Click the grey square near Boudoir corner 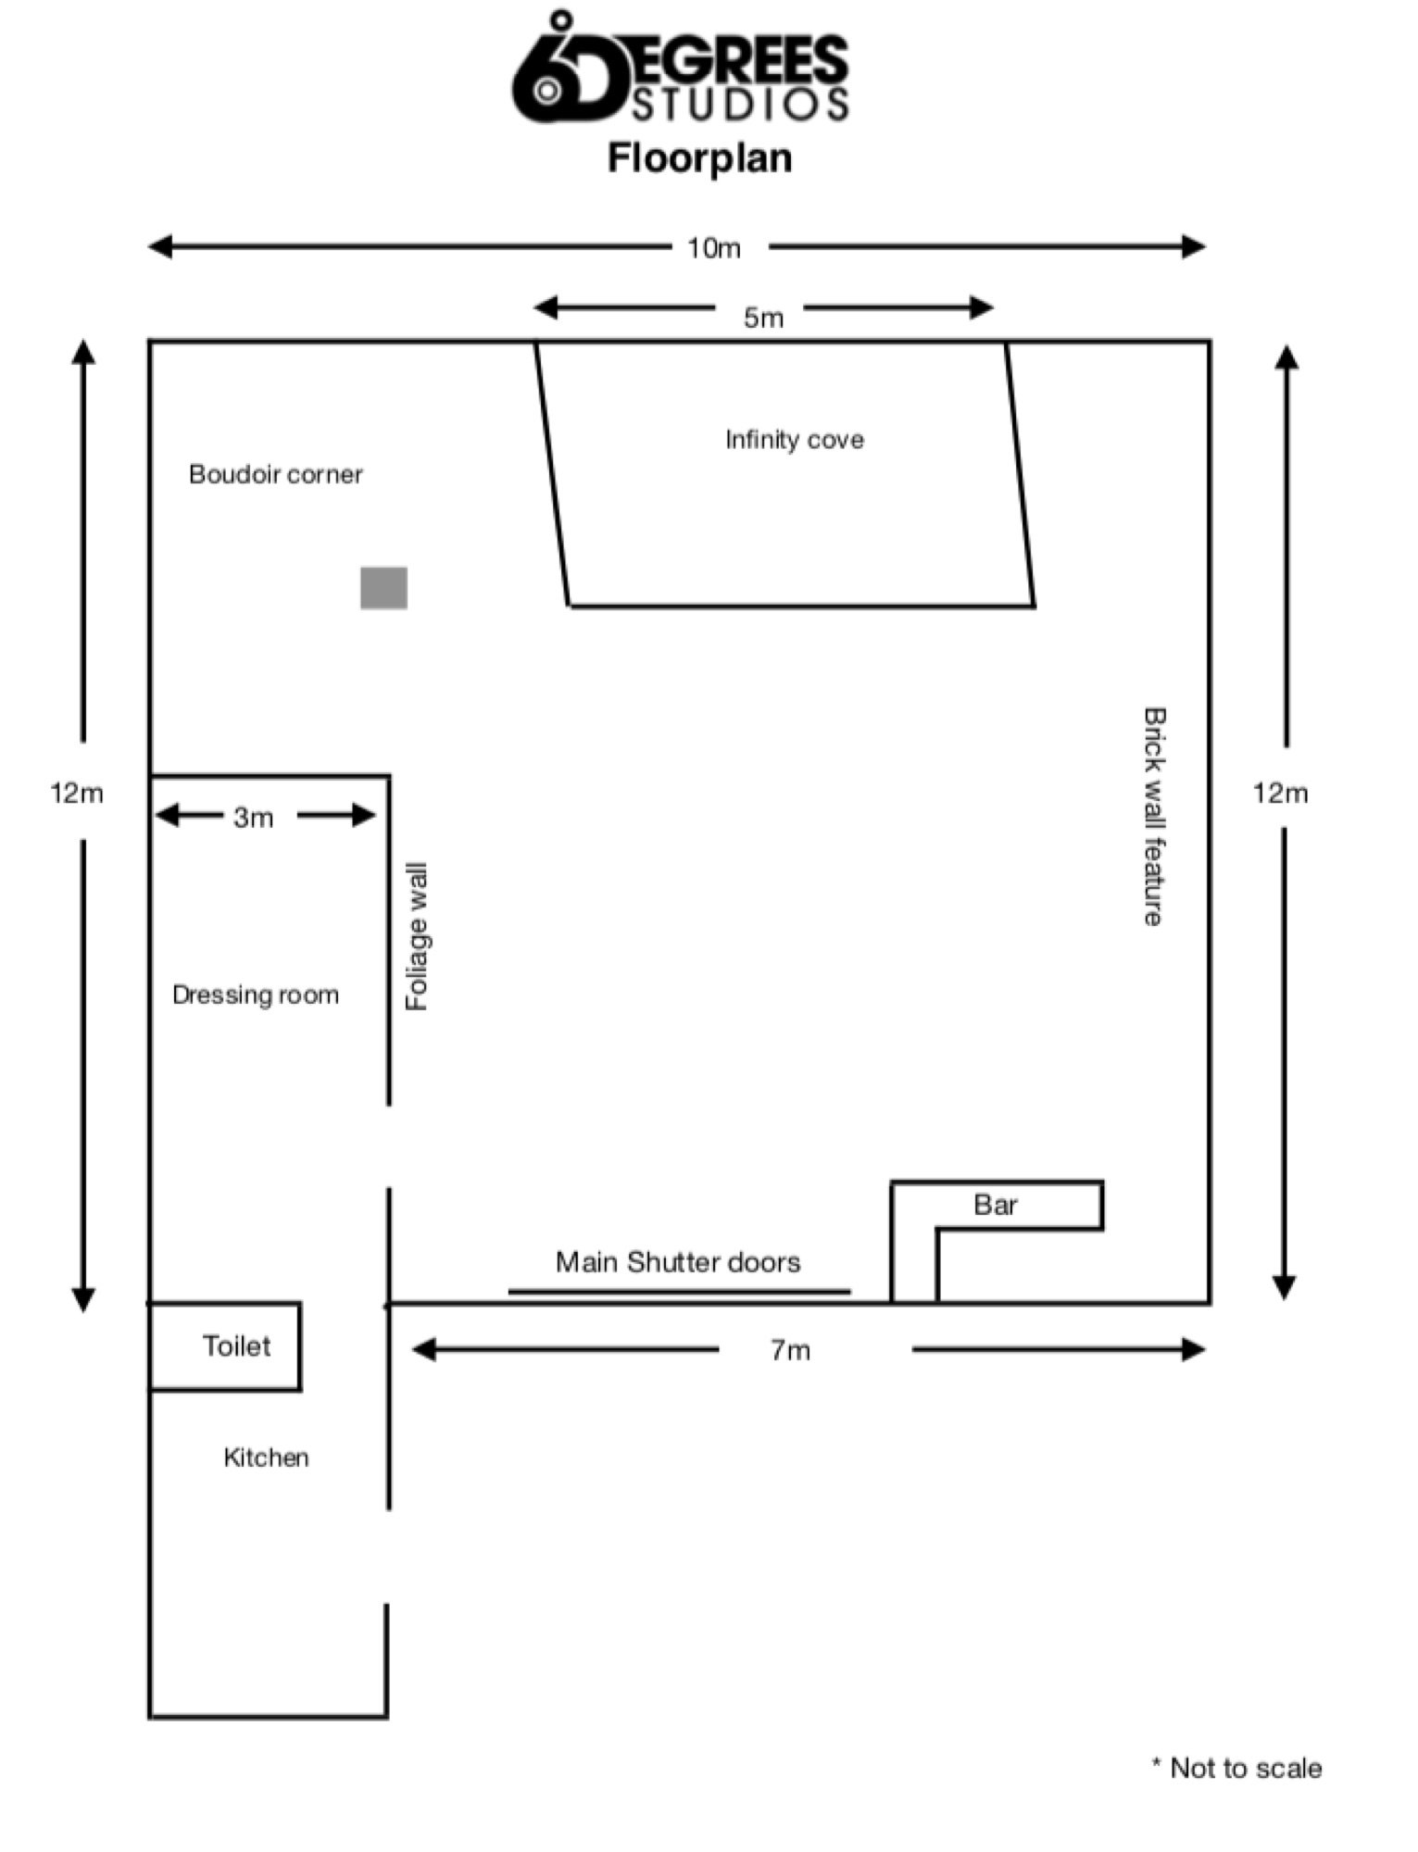(383, 588)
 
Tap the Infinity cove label (794, 440)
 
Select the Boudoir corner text (275, 474)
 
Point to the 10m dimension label (713, 248)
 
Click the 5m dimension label (763, 318)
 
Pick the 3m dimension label (253, 818)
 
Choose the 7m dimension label (790, 1351)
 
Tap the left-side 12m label (77, 794)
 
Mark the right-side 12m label (1280, 794)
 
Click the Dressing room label (256, 995)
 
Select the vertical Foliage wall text (417, 936)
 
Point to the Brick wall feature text (1153, 816)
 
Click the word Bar (996, 1205)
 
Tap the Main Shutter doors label (678, 1262)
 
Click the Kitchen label (266, 1458)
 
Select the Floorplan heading (700, 158)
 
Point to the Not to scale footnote (1236, 1768)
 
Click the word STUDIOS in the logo (740, 104)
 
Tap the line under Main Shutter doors (680, 1291)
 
